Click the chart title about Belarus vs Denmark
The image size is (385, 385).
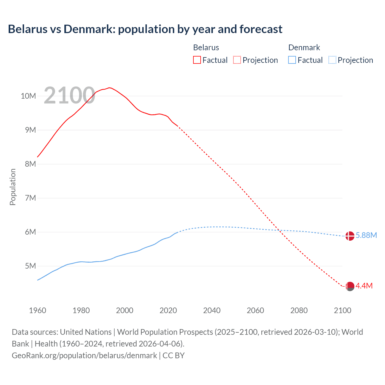point(145,29)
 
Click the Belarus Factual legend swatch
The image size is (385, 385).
point(197,60)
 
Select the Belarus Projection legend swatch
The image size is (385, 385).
point(237,60)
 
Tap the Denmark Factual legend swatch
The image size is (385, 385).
point(292,60)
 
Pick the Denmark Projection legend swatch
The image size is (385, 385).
point(332,60)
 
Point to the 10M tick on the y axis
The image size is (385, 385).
point(28,96)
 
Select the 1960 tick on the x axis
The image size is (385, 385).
point(38,310)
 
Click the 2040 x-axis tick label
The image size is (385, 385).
point(212,310)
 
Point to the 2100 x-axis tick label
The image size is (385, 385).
point(342,310)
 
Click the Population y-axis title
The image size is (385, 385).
point(13,187)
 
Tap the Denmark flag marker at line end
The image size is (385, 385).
point(350,236)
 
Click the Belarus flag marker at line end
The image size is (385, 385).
point(350,286)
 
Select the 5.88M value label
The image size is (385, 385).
point(366,235)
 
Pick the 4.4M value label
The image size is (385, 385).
point(364,286)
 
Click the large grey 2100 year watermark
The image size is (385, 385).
point(69,95)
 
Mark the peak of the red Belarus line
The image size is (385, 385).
point(109,88)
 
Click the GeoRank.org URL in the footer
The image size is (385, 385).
point(84,355)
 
